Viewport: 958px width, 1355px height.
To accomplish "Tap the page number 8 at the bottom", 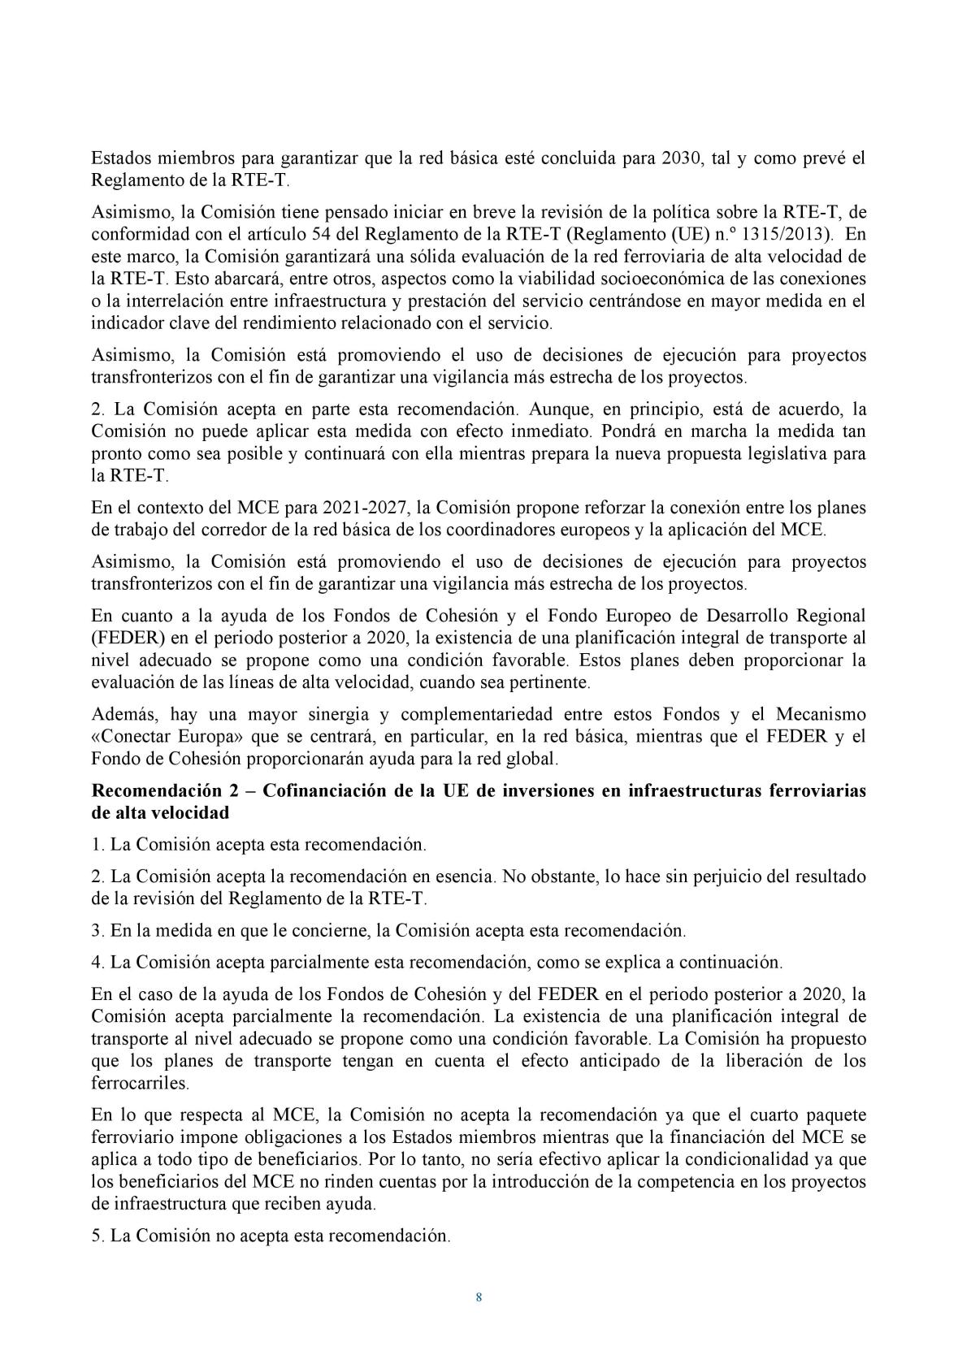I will (479, 1297).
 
